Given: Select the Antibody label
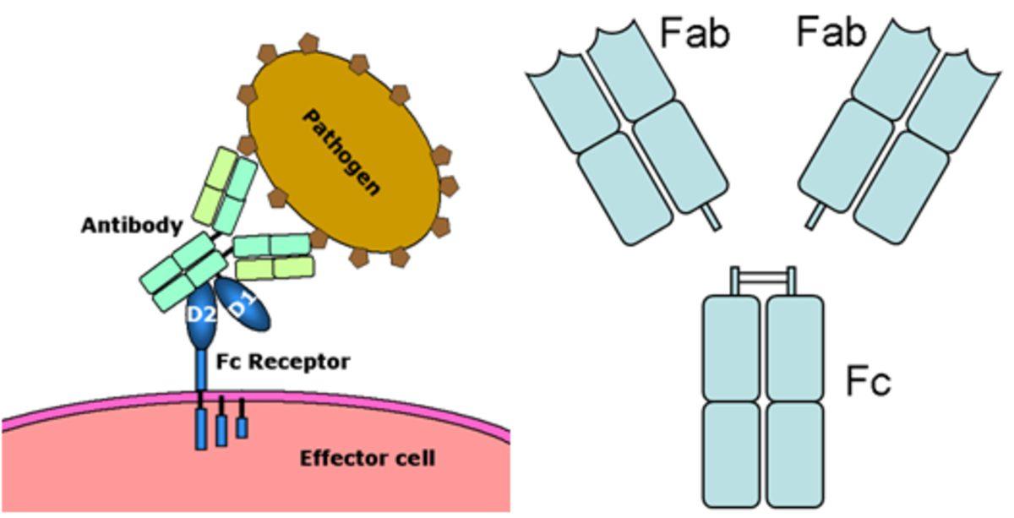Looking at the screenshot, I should point(132,226).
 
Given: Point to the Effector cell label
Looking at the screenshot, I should point(368,459).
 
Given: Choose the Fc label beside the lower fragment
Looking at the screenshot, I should point(868,382).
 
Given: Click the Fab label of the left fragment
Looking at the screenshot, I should point(695,33).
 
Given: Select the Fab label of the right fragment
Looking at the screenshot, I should point(832,33).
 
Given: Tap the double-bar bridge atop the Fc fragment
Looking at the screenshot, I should point(763,276).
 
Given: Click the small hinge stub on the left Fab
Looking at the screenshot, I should point(712,218).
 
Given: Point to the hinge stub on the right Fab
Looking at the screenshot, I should point(815,218).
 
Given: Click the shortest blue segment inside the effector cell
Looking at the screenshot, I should point(242,427).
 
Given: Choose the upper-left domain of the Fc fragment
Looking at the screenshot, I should point(732,346).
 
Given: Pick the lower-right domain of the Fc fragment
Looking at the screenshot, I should point(794,453).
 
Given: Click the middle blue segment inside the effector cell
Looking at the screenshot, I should point(221,429).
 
